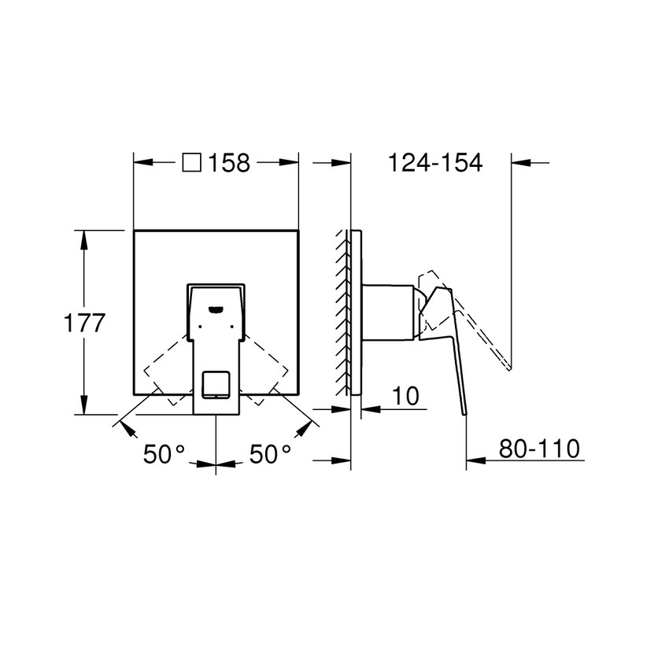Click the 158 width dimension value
230,163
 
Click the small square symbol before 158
191,163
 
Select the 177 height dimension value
83,323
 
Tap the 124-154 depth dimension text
434,163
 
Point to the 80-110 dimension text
539,449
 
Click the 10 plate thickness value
404,397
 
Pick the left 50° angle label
164,454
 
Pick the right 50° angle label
270,454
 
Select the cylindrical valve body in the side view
387,312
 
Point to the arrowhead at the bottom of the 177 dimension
83,408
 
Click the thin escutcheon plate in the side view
357,312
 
